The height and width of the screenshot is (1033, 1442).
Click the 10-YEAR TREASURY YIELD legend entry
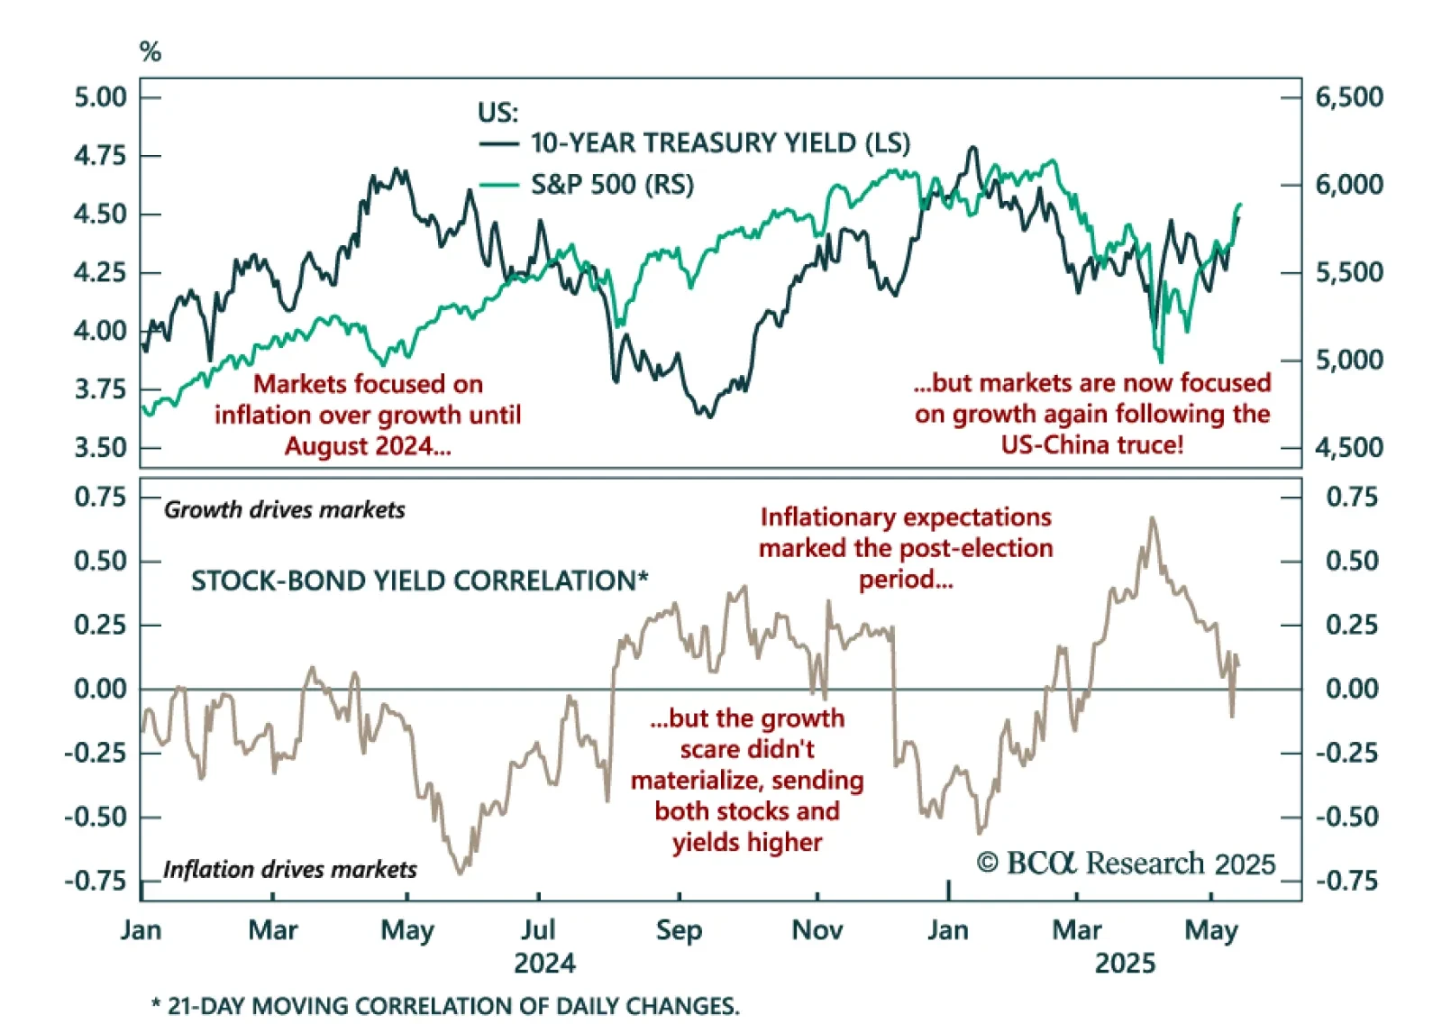click(719, 143)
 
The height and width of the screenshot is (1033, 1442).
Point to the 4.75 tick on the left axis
click(100, 155)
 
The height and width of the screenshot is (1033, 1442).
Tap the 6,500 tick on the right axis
click(1349, 96)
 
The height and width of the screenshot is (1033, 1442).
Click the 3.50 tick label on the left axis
click(100, 447)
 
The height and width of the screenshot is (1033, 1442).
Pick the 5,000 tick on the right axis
click(1349, 360)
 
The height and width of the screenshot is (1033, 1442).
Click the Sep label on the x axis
click(679, 930)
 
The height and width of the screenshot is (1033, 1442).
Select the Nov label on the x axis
click(817, 930)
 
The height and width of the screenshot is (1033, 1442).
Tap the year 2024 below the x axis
click(544, 964)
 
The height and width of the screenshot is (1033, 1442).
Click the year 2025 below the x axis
click(1125, 964)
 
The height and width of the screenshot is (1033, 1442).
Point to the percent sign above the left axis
click(151, 52)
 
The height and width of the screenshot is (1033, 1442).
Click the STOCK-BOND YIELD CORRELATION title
click(419, 580)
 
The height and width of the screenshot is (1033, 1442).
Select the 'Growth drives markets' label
click(284, 510)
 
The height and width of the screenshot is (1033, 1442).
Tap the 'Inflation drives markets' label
click(289, 870)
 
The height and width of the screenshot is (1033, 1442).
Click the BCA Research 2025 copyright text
click(1126, 864)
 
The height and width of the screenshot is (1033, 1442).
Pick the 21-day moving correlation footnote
click(445, 1006)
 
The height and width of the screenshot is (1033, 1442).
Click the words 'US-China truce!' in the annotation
click(1092, 444)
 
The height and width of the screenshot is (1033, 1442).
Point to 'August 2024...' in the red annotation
click(368, 446)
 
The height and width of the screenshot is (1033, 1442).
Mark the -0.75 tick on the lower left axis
click(96, 881)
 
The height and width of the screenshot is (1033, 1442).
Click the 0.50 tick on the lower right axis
click(1352, 561)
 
